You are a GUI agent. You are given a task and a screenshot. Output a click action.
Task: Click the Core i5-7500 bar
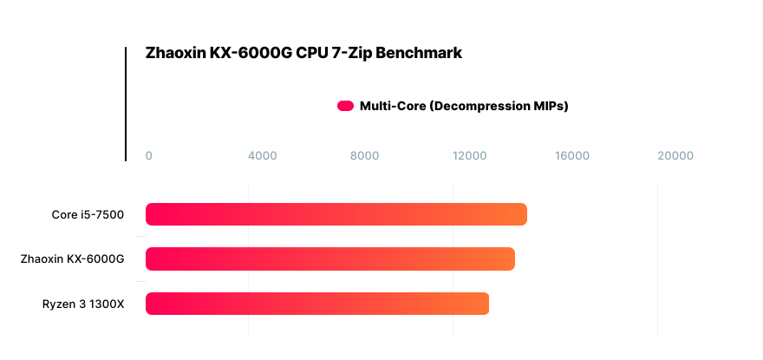pos(336,214)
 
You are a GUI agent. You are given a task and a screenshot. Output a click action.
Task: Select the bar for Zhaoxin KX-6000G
pos(329,259)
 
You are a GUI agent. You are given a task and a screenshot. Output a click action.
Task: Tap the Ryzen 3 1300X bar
pos(316,304)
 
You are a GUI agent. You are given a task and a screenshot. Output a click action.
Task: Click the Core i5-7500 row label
pos(88,214)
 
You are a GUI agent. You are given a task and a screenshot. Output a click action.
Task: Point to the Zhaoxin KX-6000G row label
pos(73,259)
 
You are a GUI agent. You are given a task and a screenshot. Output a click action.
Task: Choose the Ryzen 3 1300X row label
pos(83,304)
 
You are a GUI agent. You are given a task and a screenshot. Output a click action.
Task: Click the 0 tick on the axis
pos(149,156)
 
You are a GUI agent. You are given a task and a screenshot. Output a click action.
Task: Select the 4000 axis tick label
pos(262,156)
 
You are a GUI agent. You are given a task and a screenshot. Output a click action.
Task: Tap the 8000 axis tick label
pos(365,156)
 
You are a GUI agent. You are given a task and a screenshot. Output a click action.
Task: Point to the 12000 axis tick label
pos(469,156)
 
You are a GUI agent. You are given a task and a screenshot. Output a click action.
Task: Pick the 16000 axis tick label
pos(572,156)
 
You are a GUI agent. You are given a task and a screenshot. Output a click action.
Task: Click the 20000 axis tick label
pos(675,156)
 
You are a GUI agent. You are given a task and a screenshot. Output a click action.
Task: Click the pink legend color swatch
pos(345,107)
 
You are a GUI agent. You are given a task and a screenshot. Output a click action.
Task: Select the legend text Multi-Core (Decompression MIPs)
pos(464,107)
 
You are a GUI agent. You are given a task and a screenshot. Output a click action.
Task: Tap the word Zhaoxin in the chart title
pos(176,53)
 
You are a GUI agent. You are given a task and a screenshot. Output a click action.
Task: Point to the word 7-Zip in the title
pos(350,53)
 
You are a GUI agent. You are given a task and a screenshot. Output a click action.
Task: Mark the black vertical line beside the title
pos(126,104)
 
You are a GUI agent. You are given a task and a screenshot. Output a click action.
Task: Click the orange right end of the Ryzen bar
pos(481,304)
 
